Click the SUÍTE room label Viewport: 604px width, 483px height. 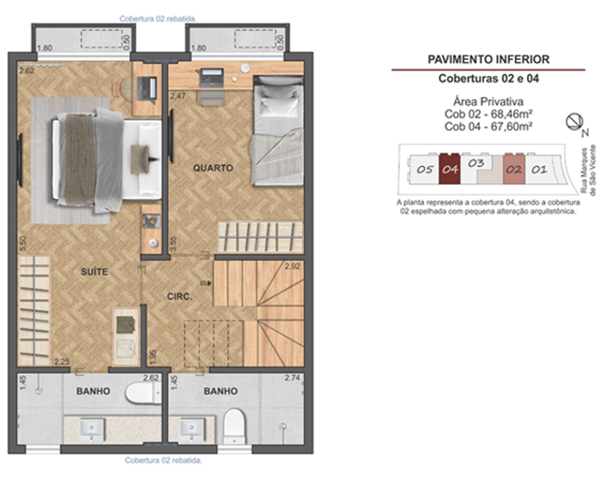click(x=94, y=272)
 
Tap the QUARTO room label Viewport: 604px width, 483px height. click(x=213, y=168)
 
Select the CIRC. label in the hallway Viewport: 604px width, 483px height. click(x=179, y=296)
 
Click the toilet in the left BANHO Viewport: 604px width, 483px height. click(x=143, y=393)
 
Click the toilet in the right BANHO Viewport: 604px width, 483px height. click(x=234, y=426)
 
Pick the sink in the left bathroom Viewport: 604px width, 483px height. click(x=92, y=430)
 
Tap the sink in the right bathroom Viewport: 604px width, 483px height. click(x=191, y=430)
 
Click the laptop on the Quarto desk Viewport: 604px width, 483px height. click(x=211, y=77)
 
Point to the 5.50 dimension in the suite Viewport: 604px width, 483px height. click(x=23, y=244)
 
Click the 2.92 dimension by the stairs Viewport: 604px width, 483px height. click(x=292, y=266)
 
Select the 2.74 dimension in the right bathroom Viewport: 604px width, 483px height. click(x=292, y=378)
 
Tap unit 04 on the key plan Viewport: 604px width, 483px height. click(x=449, y=168)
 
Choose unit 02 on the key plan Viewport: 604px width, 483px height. click(x=514, y=169)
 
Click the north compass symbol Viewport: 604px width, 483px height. click(x=574, y=122)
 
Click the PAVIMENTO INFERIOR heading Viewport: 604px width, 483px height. click(x=489, y=59)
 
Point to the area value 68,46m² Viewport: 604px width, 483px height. click(x=512, y=114)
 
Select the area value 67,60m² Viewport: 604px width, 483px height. click(x=512, y=126)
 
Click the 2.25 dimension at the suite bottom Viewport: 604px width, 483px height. click(x=62, y=362)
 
